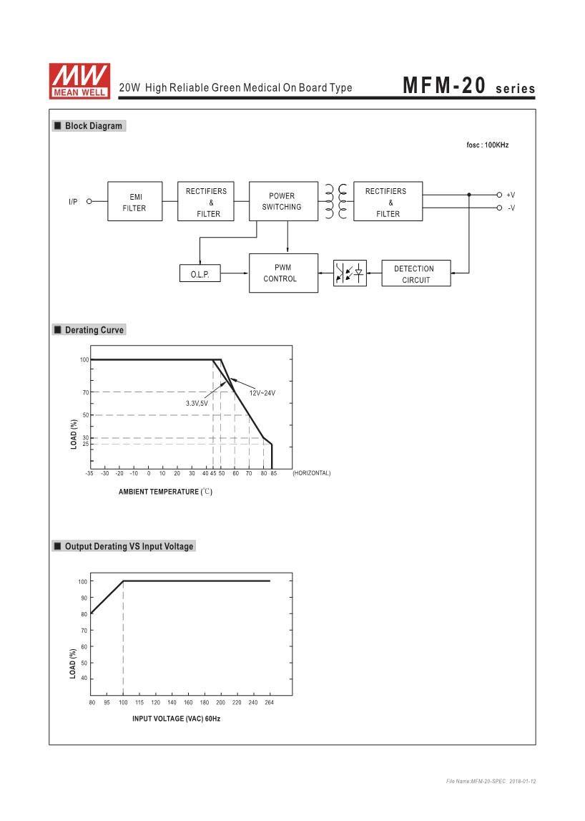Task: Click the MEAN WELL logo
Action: [79, 80]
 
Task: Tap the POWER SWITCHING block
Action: [282, 201]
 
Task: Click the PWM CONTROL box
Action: [282, 273]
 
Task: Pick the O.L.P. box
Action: [200, 274]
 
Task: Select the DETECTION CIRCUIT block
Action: [416, 273]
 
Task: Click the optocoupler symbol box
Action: [350, 273]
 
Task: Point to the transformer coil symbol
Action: [335, 201]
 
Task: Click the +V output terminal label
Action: [511, 195]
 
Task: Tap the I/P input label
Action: [73, 202]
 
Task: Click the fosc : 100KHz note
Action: [487, 145]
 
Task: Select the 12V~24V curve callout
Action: [262, 393]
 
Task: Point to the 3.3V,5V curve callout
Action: [197, 404]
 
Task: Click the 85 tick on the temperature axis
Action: [273, 473]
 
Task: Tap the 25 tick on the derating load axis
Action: [85, 444]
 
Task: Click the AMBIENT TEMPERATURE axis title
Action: [165, 492]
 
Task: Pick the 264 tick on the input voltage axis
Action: [270, 703]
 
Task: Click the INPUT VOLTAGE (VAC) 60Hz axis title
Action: [176, 718]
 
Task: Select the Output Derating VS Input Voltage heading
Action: [129, 546]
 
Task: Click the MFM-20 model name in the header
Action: [444, 85]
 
